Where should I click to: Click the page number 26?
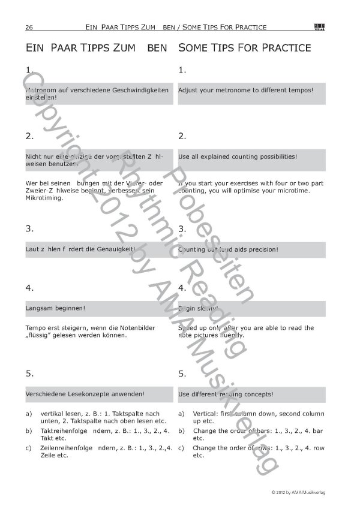click(x=29, y=27)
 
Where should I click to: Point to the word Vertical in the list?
click(x=205, y=414)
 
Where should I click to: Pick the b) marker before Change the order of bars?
click(x=181, y=430)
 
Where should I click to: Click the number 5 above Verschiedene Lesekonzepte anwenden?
click(x=29, y=374)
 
